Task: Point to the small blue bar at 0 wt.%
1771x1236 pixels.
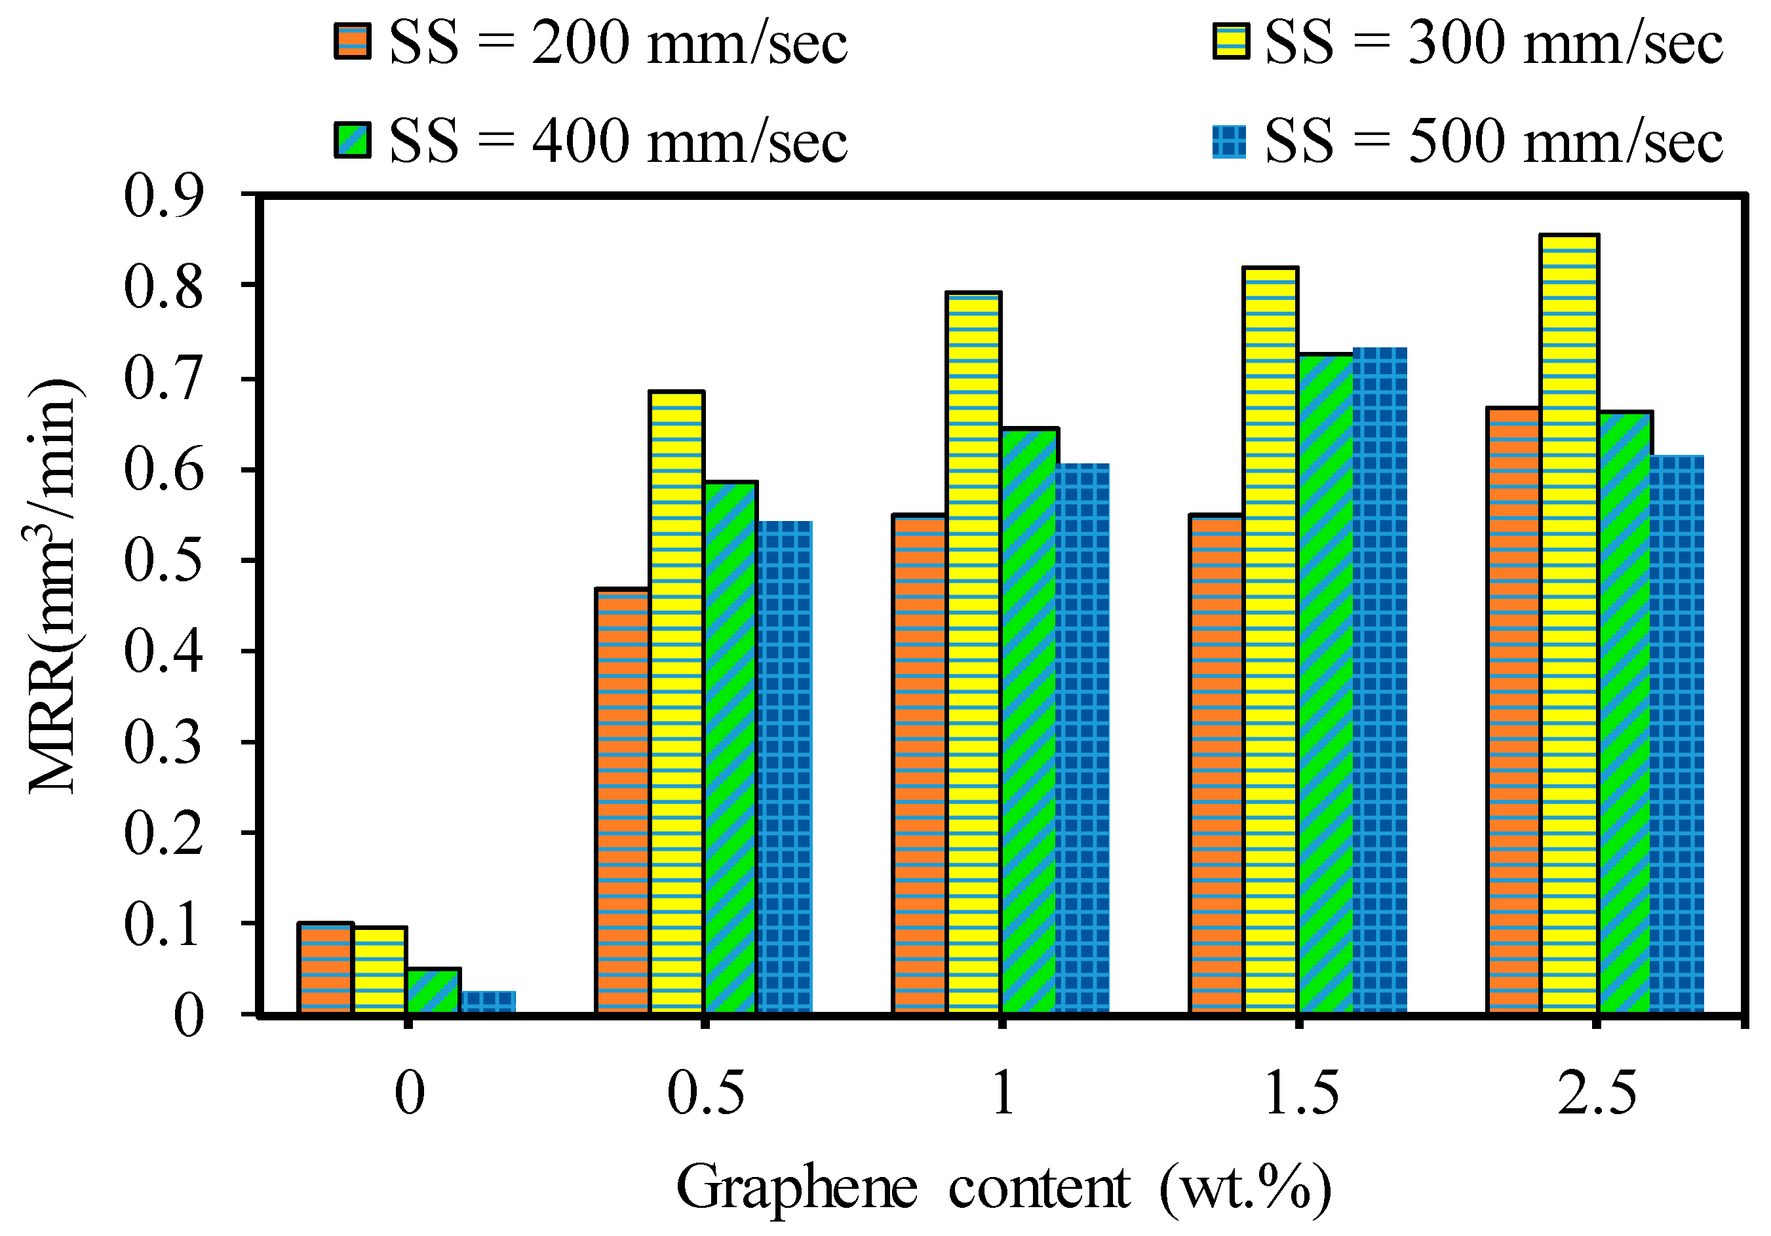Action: coord(488,1001)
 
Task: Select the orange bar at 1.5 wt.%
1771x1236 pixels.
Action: coord(1216,763)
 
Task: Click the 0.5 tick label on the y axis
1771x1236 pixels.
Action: coord(163,560)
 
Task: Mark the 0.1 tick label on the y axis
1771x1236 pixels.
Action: coord(163,923)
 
